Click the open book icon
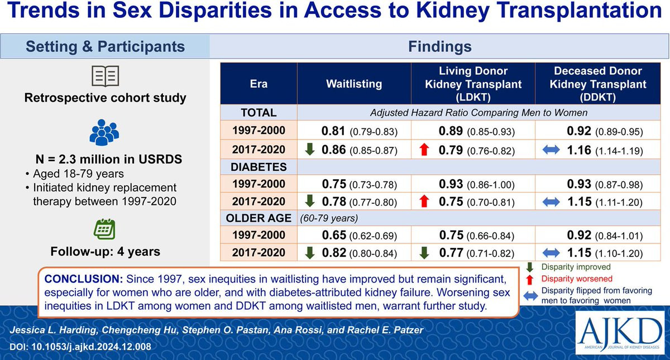coord(106,76)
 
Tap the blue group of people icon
coord(104,132)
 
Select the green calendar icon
coord(104,229)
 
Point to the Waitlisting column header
coord(354,84)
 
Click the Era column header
coord(259,84)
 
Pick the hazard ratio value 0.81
coord(333,131)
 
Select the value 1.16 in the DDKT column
coord(579,150)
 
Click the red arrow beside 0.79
coord(424,150)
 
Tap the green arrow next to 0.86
coord(310,149)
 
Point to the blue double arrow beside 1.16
coord(551,150)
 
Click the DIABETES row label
coord(259,167)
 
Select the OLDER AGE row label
coord(259,218)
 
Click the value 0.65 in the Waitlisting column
coord(334,235)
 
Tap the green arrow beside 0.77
coord(424,253)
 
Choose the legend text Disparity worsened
coord(577,279)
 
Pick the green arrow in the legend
coord(530,267)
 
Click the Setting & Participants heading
coord(106,47)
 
